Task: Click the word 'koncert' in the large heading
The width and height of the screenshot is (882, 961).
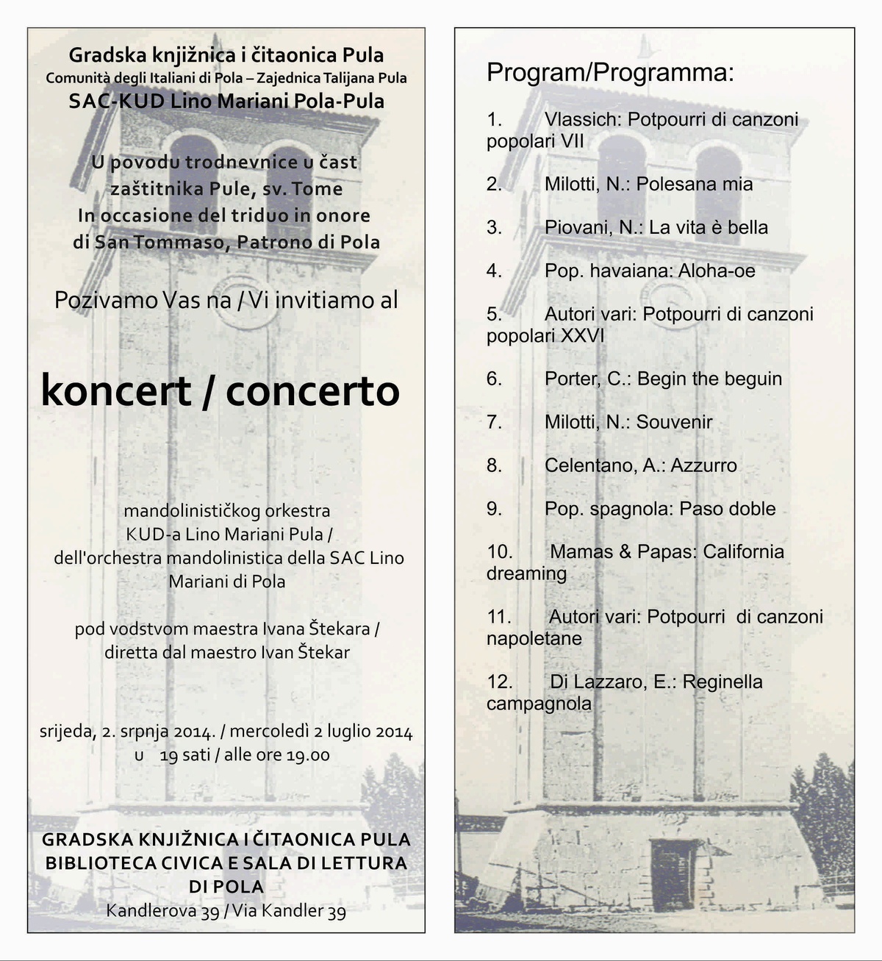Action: [x=116, y=391]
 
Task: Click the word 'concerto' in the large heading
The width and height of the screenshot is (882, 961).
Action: [x=312, y=391]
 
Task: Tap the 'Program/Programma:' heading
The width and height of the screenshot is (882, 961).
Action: [x=610, y=73]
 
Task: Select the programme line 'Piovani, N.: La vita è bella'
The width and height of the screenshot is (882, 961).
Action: [x=656, y=227]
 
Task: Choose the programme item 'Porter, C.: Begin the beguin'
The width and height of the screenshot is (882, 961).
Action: [x=663, y=379]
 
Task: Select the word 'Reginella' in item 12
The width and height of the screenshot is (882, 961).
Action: [x=722, y=682]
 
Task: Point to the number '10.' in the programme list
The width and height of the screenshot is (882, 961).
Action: [x=500, y=551]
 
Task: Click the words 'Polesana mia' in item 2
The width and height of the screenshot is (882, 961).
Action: [x=695, y=184]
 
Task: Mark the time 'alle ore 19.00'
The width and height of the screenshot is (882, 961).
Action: [x=276, y=755]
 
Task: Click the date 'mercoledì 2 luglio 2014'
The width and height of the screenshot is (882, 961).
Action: [x=321, y=732]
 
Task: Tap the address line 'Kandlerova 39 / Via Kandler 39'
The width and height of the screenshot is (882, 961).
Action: [x=226, y=911]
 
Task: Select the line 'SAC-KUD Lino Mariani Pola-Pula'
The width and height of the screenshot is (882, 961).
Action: [x=226, y=101]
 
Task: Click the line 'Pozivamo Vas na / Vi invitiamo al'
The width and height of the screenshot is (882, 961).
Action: [x=226, y=300]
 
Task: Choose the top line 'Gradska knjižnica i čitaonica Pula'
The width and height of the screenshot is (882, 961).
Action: [x=226, y=55]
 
